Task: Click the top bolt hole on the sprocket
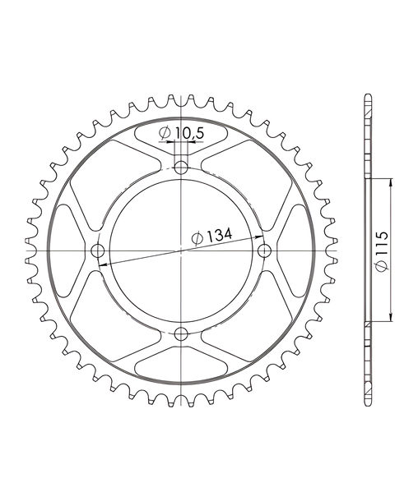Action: (182, 168)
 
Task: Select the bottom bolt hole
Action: (182, 333)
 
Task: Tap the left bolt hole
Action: (98, 250)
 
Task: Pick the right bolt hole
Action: (265, 250)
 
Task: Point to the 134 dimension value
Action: (219, 236)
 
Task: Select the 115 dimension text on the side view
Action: (382, 244)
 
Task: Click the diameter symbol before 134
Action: (197, 239)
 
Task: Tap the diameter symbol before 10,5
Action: (165, 134)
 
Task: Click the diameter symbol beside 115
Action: (382, 266)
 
